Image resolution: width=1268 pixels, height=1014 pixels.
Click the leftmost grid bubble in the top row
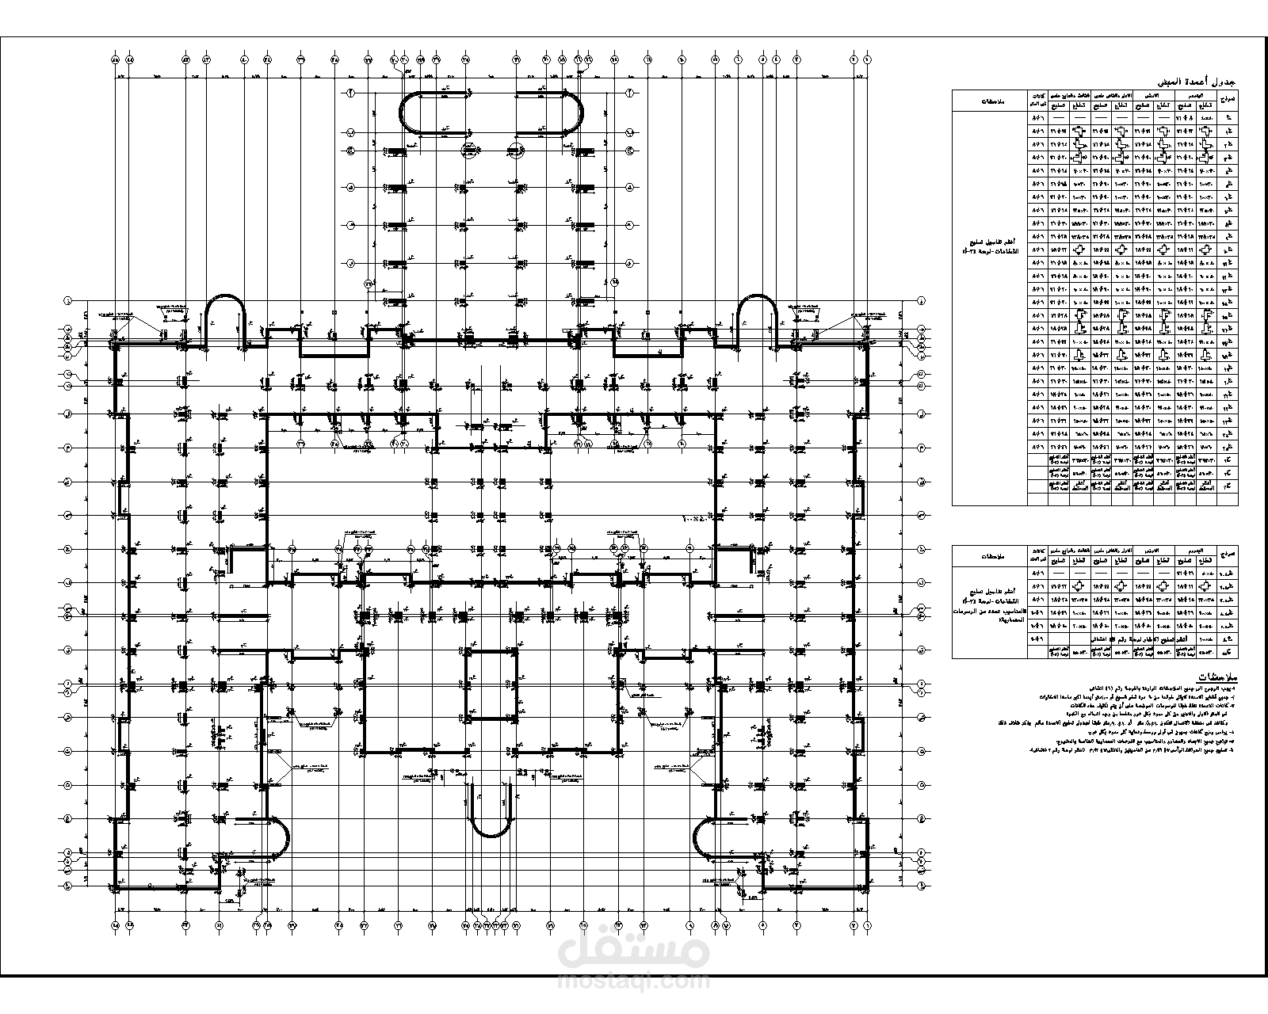[116, 59]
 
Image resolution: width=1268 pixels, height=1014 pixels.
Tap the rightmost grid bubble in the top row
[867, 59]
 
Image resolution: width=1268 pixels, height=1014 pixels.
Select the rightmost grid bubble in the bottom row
[867, 924]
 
